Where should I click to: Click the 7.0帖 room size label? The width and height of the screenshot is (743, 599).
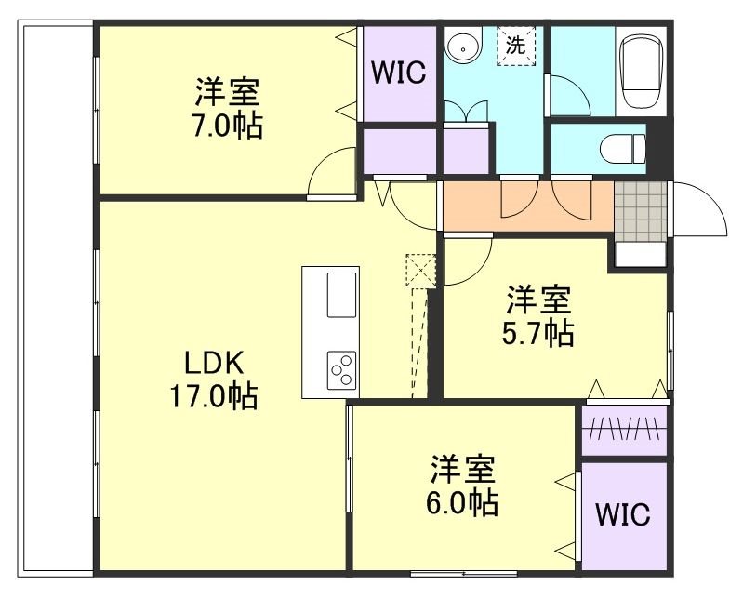click(x=228, y=126)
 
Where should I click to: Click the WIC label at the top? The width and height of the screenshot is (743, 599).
click(x=399, y=73)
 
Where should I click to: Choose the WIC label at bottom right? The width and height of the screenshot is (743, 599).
click(x=623, y=514)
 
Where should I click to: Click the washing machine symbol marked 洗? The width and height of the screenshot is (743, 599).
click(x=515, y=44)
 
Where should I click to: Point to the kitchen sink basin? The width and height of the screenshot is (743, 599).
click(x=341, y=294)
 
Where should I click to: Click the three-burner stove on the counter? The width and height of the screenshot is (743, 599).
click(x=341, y=369)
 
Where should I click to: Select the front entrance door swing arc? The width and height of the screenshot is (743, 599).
click(x=699, y=209)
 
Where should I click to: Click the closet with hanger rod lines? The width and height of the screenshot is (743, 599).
click(x=624, y=429)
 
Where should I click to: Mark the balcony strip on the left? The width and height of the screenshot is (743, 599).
click(x=56, y=298)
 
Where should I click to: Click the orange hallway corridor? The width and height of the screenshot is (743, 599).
click(x=525, y=206)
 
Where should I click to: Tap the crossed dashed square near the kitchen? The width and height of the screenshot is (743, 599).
click(x=420, y=271)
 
